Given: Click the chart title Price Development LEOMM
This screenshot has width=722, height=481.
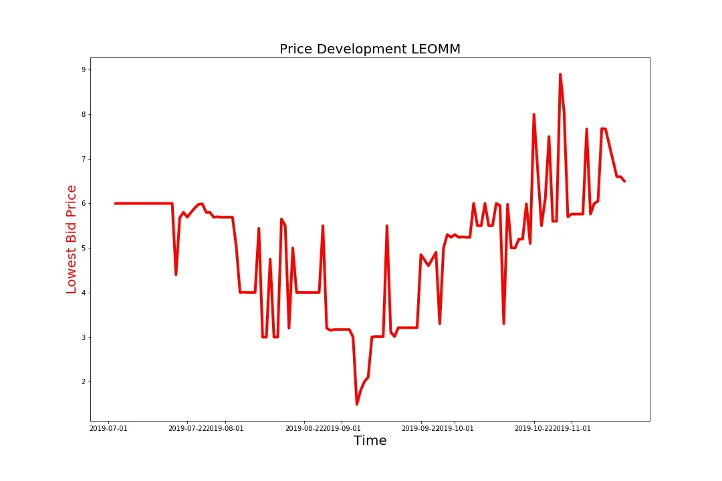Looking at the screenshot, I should click(x=370, y=49).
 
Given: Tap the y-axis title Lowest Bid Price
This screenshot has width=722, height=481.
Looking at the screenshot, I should click(x=72, y=239).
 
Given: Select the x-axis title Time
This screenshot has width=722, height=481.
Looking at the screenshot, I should click(x=370, y=440).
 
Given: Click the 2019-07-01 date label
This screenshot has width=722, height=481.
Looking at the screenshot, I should click(x=108, y=428).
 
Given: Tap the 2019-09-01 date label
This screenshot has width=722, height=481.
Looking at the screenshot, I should click(x=342, y=428).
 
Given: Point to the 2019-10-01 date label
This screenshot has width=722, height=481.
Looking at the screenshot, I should click(x=455, y=428).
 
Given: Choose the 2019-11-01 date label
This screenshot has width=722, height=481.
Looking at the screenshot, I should click(x=572, y=428).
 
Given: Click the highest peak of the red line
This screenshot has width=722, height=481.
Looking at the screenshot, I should click(x=560, y=74).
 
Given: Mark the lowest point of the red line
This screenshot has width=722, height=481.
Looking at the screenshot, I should click(x=357, y=404).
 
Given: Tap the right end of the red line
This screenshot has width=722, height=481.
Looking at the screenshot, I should click(x=624, y=181).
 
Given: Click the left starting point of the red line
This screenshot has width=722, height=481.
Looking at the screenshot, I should click(x=115, y=203).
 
